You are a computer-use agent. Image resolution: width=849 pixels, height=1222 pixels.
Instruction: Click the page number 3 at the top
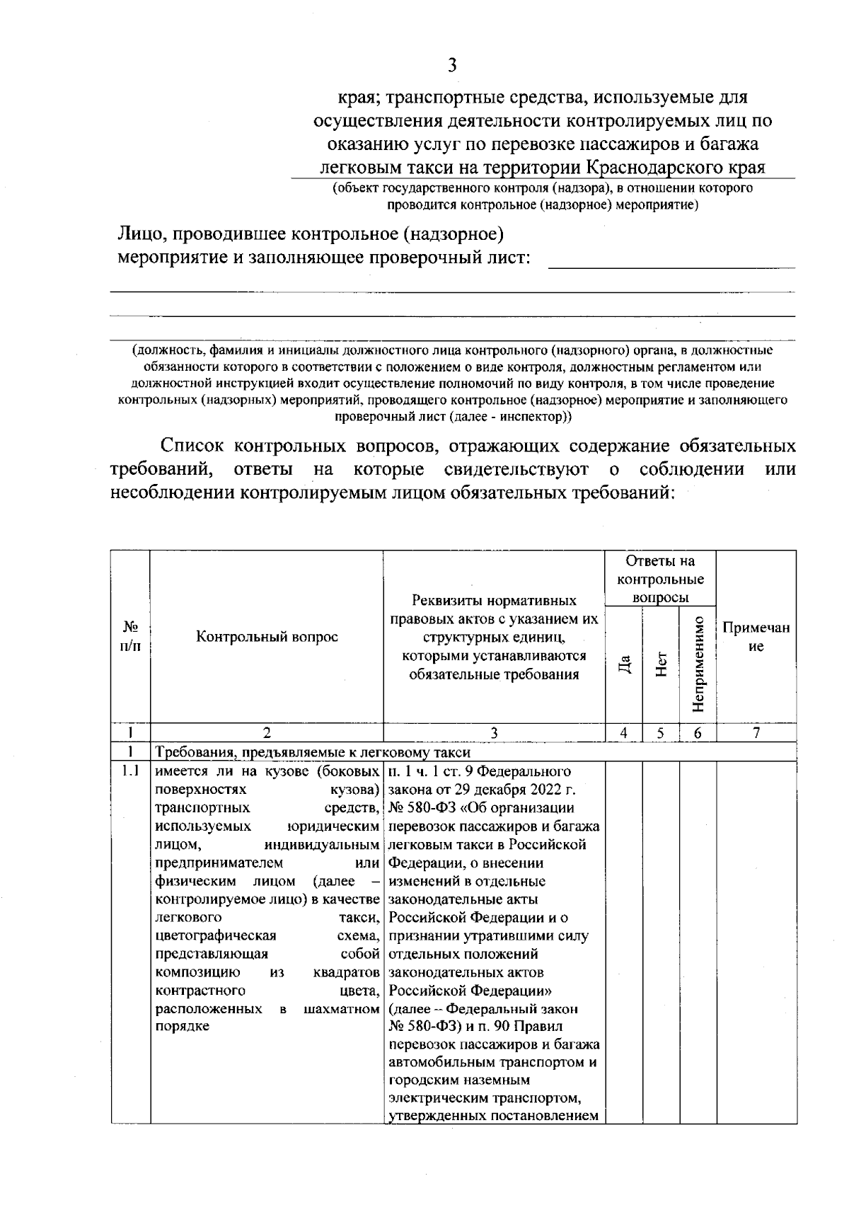(452, 66)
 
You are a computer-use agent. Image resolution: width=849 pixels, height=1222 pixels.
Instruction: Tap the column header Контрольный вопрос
(267, 636)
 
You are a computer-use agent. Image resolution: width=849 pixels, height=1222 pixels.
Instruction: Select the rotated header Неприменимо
(698, 664)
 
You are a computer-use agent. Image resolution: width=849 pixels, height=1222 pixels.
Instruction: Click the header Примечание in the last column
(756, 637)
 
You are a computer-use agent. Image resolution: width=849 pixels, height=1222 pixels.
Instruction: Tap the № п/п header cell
(130, 636)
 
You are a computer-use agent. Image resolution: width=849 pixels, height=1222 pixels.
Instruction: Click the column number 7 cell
(756, 734)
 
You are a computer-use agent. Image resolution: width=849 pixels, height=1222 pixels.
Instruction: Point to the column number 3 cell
(494, 734)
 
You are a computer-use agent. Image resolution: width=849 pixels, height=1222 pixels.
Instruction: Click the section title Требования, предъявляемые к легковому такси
(313, 752)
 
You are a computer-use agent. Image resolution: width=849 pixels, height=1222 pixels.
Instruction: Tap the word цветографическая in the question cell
(205, 935)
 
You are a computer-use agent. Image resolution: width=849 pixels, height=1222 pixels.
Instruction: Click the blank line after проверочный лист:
(671, 260)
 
